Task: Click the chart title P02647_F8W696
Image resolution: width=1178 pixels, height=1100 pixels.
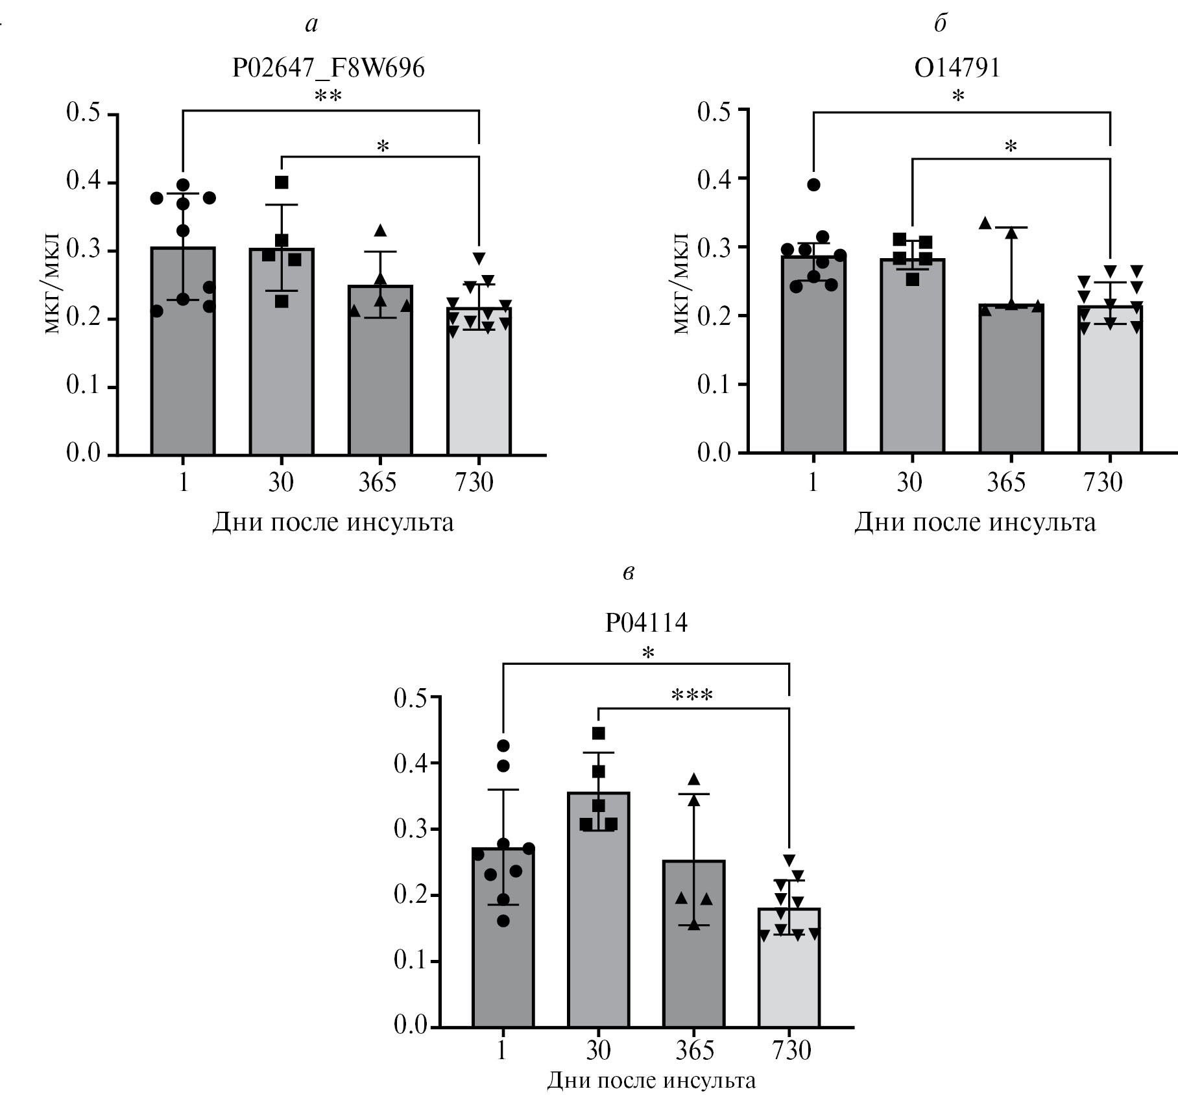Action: tap(328, 68)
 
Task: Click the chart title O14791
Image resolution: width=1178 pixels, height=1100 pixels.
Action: tap(957, 68)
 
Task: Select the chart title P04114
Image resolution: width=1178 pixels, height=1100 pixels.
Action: tap(646, 623)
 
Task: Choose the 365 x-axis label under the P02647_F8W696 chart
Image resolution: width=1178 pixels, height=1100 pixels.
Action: tap(378, 483)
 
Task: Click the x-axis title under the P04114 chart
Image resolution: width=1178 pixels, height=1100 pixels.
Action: tap(651, 1081)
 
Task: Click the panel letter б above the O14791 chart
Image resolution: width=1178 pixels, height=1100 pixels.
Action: tap(940, 24)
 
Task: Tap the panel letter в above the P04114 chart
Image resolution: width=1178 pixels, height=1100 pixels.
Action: tap(627, 573)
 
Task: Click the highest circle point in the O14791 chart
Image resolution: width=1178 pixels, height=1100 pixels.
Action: tap(813, 185)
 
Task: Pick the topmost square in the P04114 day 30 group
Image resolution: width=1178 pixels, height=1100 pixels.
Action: tap(599, 734)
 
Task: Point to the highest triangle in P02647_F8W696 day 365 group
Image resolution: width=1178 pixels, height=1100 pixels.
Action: tap(380, 230)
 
